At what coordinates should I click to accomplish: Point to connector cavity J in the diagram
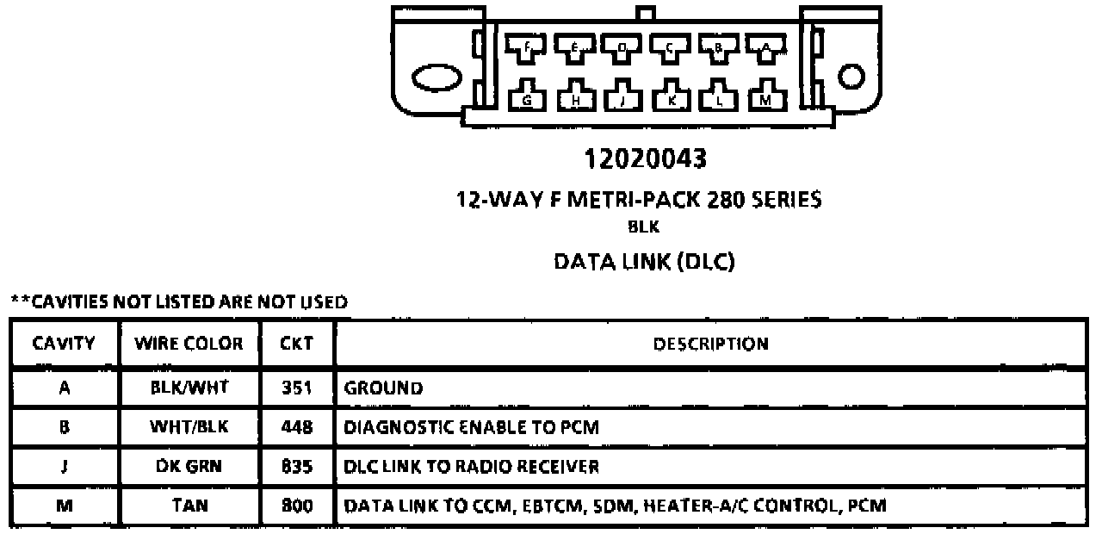(622, 97)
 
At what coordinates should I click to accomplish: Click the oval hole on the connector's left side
(438, 78)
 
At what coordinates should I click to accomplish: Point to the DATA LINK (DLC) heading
(645, 262)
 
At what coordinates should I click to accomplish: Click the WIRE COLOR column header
(189, 345)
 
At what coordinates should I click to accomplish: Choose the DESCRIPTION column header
(710, 345)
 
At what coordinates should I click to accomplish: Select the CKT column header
(296, 345)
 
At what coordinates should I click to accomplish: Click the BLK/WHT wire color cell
(189, 388)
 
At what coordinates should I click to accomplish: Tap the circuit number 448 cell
(296, 427)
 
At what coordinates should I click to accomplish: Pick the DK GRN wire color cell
(189, 467)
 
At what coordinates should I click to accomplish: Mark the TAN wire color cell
(189, 506)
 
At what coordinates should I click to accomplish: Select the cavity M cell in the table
(63, 506)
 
